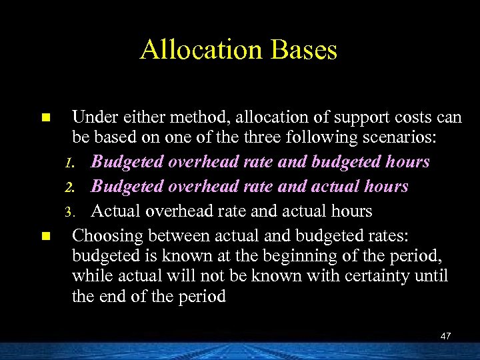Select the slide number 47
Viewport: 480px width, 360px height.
pyautogui.click(x=445, y=336)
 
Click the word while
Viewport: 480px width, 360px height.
pyautogui.click(x=91, y=275)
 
